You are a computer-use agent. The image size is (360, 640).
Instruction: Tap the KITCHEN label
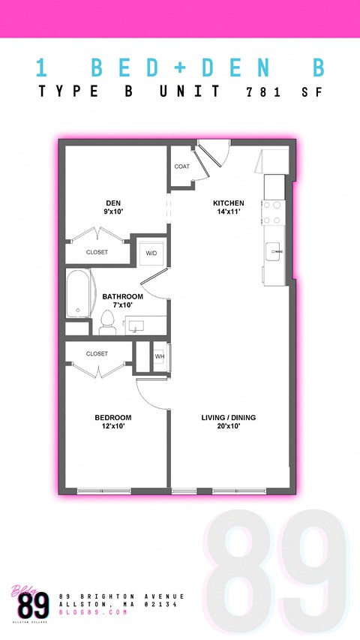[228, 203]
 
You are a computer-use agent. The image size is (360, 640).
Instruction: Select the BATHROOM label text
[122, 296]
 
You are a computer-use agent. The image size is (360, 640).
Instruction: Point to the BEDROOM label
[113, 417]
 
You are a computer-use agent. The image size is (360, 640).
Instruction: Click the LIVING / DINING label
[229, 417]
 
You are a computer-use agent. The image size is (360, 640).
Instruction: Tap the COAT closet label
[182, 167]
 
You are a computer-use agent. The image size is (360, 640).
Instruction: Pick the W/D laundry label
[151, 252]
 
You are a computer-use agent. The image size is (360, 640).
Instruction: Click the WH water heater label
[159, 356]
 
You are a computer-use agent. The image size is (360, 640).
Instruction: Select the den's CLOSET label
[97, 252]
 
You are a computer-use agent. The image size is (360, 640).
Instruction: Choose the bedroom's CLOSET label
[97, 353]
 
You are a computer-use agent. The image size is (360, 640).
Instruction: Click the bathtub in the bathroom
[77, 294]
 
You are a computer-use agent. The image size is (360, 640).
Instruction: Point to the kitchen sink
[272, 251]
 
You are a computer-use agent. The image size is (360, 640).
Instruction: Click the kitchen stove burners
[272, 211]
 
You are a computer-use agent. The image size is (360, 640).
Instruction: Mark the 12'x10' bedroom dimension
[113, 426]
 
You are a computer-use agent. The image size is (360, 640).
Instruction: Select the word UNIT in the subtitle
[190, 92]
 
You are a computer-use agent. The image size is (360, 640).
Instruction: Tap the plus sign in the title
[180, 66]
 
